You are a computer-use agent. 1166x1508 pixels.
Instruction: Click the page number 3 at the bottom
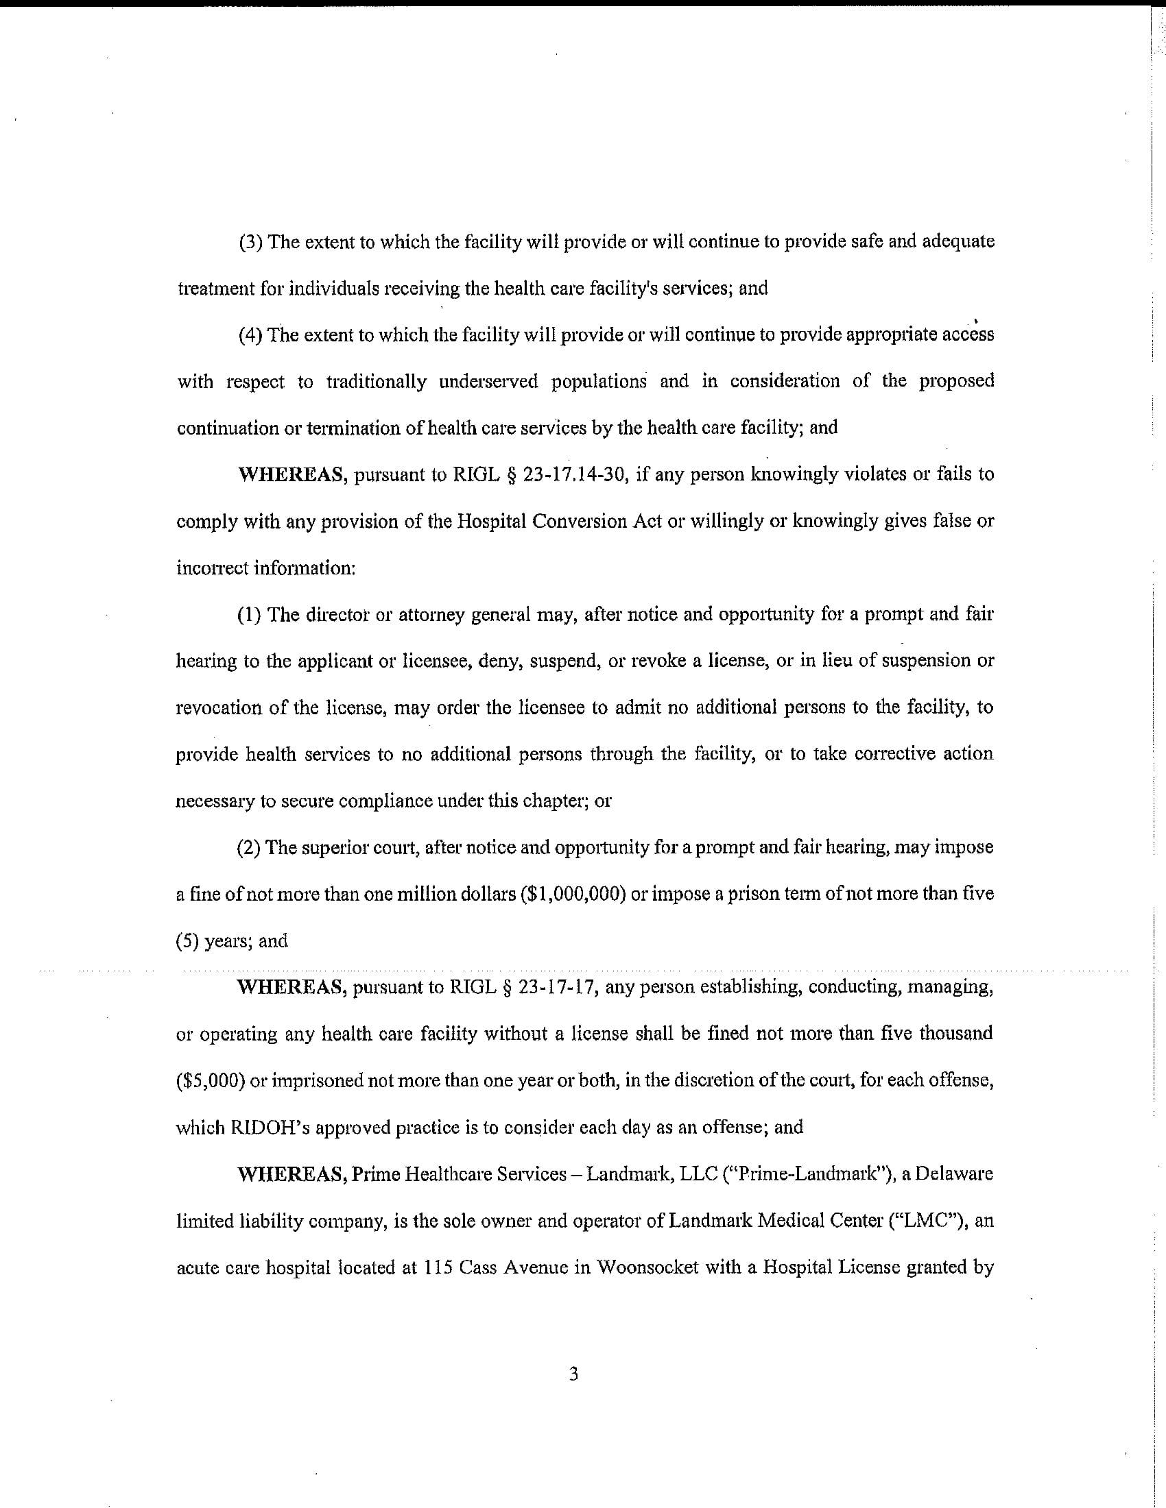573,1375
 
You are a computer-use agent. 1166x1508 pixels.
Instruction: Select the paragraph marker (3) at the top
250,243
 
